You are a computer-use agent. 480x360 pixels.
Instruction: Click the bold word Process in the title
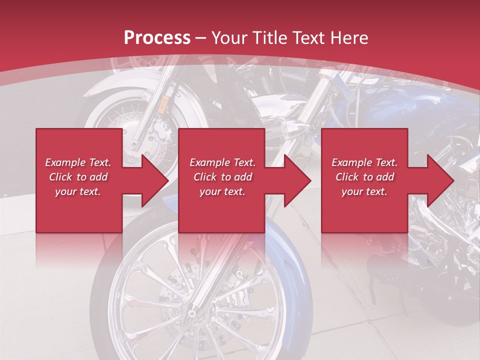(x=157, y=38)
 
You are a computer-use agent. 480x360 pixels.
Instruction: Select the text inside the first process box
(x=78, y=176)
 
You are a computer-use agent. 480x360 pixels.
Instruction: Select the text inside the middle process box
(x=222, y=176)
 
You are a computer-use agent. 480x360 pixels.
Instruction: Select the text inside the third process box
(x=364, y=176)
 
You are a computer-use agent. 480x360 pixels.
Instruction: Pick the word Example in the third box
(x=348, y=162)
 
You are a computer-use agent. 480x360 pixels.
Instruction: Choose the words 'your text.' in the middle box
(x=222, y=191)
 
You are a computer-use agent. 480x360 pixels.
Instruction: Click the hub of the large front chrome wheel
(x=191, y=314)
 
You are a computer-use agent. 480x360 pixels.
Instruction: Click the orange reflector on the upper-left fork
(x=163, y=104)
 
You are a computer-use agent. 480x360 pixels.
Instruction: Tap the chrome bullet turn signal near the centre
(x=289, y=131)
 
